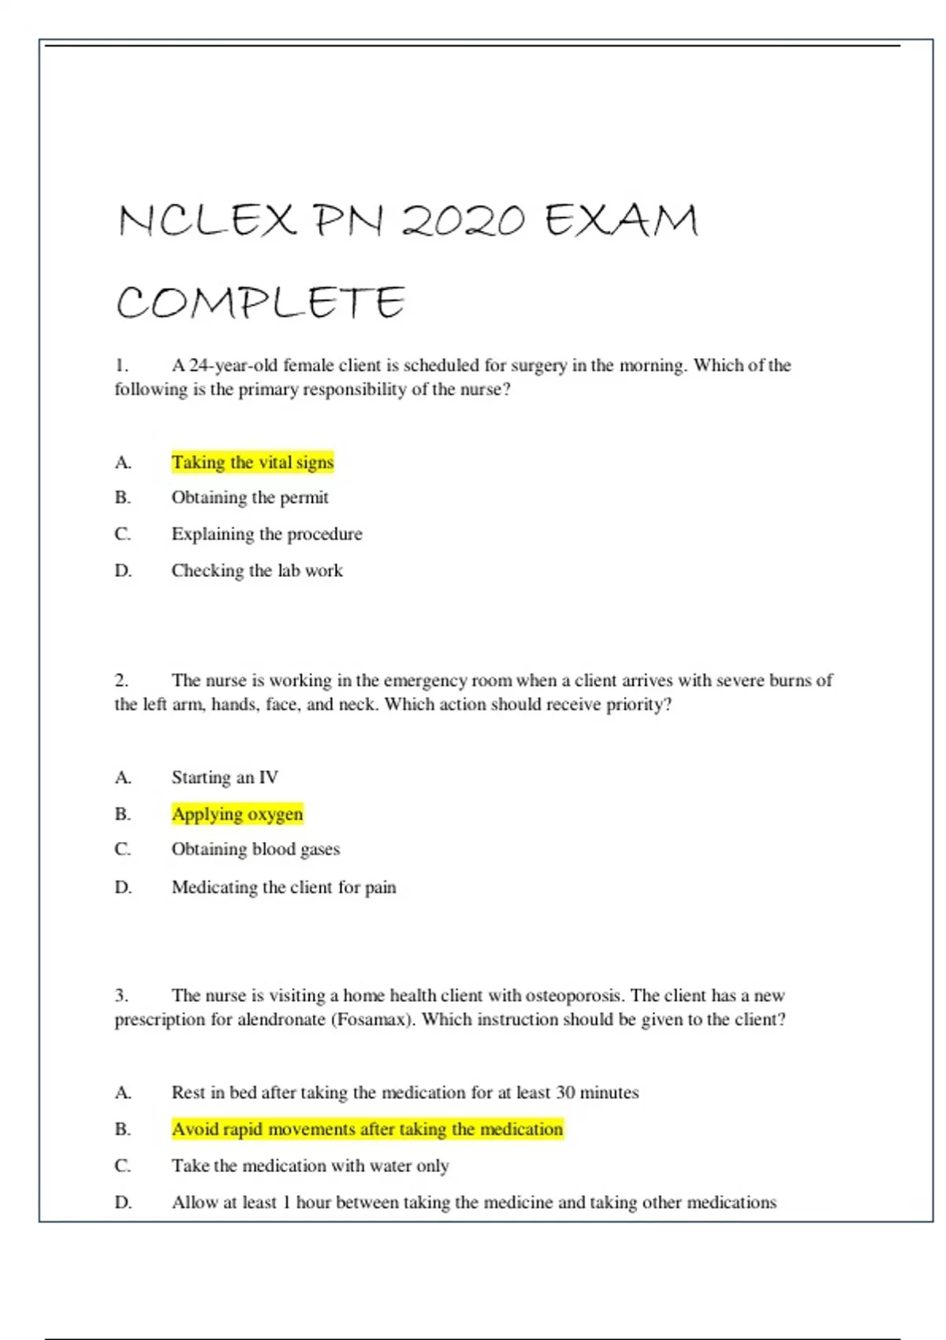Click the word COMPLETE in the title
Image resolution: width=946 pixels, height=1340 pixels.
260,303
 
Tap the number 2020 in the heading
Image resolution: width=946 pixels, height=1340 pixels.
463,220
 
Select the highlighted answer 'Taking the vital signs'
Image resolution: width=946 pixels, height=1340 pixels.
252,462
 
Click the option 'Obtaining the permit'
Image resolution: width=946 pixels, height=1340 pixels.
250,497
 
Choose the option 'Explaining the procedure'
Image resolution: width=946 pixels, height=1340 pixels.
266,534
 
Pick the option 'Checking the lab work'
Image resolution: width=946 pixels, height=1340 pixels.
257,570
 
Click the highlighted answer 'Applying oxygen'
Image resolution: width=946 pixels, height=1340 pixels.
237,813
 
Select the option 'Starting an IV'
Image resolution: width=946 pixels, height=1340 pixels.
225,777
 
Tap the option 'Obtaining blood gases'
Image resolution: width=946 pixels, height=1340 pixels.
255,849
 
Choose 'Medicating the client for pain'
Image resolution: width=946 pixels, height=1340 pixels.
284,887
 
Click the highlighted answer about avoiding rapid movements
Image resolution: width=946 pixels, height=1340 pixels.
367,1129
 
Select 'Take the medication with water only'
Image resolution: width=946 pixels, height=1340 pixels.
310,1165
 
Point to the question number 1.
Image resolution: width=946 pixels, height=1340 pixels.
121,365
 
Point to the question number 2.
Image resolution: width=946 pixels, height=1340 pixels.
121,679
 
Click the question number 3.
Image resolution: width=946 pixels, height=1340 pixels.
121,995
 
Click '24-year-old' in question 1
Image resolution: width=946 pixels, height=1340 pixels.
233,365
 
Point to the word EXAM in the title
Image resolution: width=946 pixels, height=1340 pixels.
621,220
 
